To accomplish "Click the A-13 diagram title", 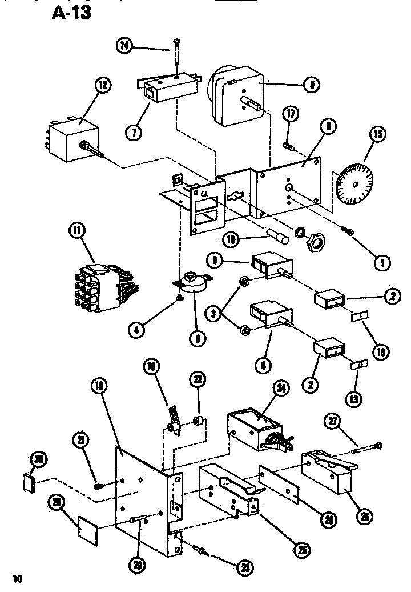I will pyautogui.click(x=72, y=12).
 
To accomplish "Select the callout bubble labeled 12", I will pyautogui.click(x=102, y=85).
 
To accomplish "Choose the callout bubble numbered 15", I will pyautogui.click(x=377, y=135).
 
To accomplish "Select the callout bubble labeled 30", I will pyautogui.click(x=39, y=460).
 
